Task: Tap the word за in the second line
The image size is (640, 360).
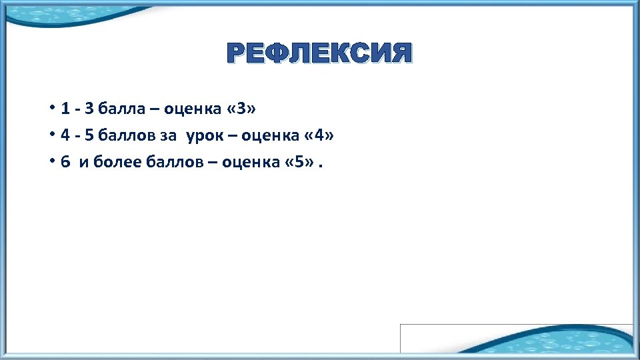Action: point(169,136)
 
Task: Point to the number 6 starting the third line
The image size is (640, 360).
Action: point(65,163)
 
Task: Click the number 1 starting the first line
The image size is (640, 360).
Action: point(65,108)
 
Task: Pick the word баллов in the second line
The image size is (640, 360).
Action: point(130,136)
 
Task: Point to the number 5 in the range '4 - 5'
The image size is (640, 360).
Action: point(89,136)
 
